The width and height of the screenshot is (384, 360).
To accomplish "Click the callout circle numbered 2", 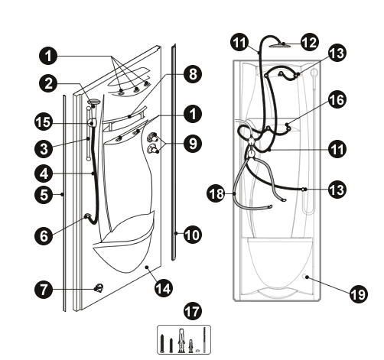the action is (48, 83).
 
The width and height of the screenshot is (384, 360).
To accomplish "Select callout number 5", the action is (44, 195).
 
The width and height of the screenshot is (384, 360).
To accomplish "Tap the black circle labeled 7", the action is (44, 289).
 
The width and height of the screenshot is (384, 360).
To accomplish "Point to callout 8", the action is (193, 74).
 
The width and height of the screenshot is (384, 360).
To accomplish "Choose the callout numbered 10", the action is (193, 235).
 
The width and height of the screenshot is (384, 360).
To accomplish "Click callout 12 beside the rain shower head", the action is (310, 42).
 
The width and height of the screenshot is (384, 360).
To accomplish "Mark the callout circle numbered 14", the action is (164, 288).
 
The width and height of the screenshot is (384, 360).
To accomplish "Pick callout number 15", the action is (44, 122).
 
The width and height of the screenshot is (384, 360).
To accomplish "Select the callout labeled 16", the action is (337, 99).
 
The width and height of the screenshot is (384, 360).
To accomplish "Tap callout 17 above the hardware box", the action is (193, 311).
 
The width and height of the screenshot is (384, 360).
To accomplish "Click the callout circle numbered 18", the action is (216, 193).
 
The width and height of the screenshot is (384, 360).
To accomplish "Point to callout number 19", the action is (359, 294).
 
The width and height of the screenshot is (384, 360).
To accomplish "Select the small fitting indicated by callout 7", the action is (99, 288).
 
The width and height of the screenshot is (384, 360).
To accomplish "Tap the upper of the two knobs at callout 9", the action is (153, 137).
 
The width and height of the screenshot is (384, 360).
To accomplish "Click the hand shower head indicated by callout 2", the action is (94, 102).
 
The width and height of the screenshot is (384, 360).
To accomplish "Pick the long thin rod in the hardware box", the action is (204, 339).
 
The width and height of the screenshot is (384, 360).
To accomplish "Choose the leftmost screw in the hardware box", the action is (162, 344).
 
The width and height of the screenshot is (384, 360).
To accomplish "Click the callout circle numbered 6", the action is (44, 235).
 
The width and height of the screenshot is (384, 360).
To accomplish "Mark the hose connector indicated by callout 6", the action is (87, 216).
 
